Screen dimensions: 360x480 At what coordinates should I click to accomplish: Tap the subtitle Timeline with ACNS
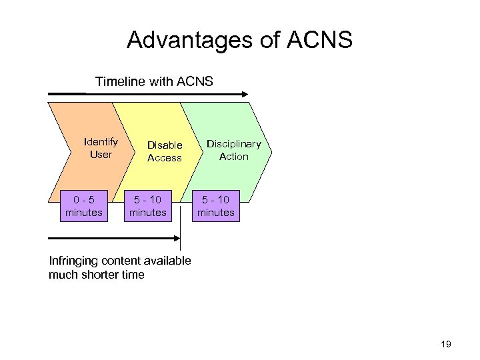pos(154,81)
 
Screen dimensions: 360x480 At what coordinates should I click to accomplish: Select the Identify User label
pos(101,148)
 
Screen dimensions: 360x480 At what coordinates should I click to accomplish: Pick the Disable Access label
pos(165,151)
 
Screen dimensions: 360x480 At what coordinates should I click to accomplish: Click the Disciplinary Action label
pos(233,150)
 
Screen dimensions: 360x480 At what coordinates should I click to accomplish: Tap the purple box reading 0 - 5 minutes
pos(84,206)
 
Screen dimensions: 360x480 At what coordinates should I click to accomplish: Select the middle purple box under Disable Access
pos(148,206)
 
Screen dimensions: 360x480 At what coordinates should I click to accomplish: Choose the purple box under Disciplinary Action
pos(216,206)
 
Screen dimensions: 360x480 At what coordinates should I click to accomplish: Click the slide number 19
pos(446,344)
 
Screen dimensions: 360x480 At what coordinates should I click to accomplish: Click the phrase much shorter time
pos(97,275)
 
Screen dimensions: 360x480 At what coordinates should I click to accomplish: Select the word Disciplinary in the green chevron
pos(233,143)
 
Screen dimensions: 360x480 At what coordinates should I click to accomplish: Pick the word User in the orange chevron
pos(101,155)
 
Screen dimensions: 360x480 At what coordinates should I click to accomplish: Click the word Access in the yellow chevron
pos(165,158)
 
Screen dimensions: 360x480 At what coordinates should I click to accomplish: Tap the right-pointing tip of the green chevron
pos(271,152)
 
